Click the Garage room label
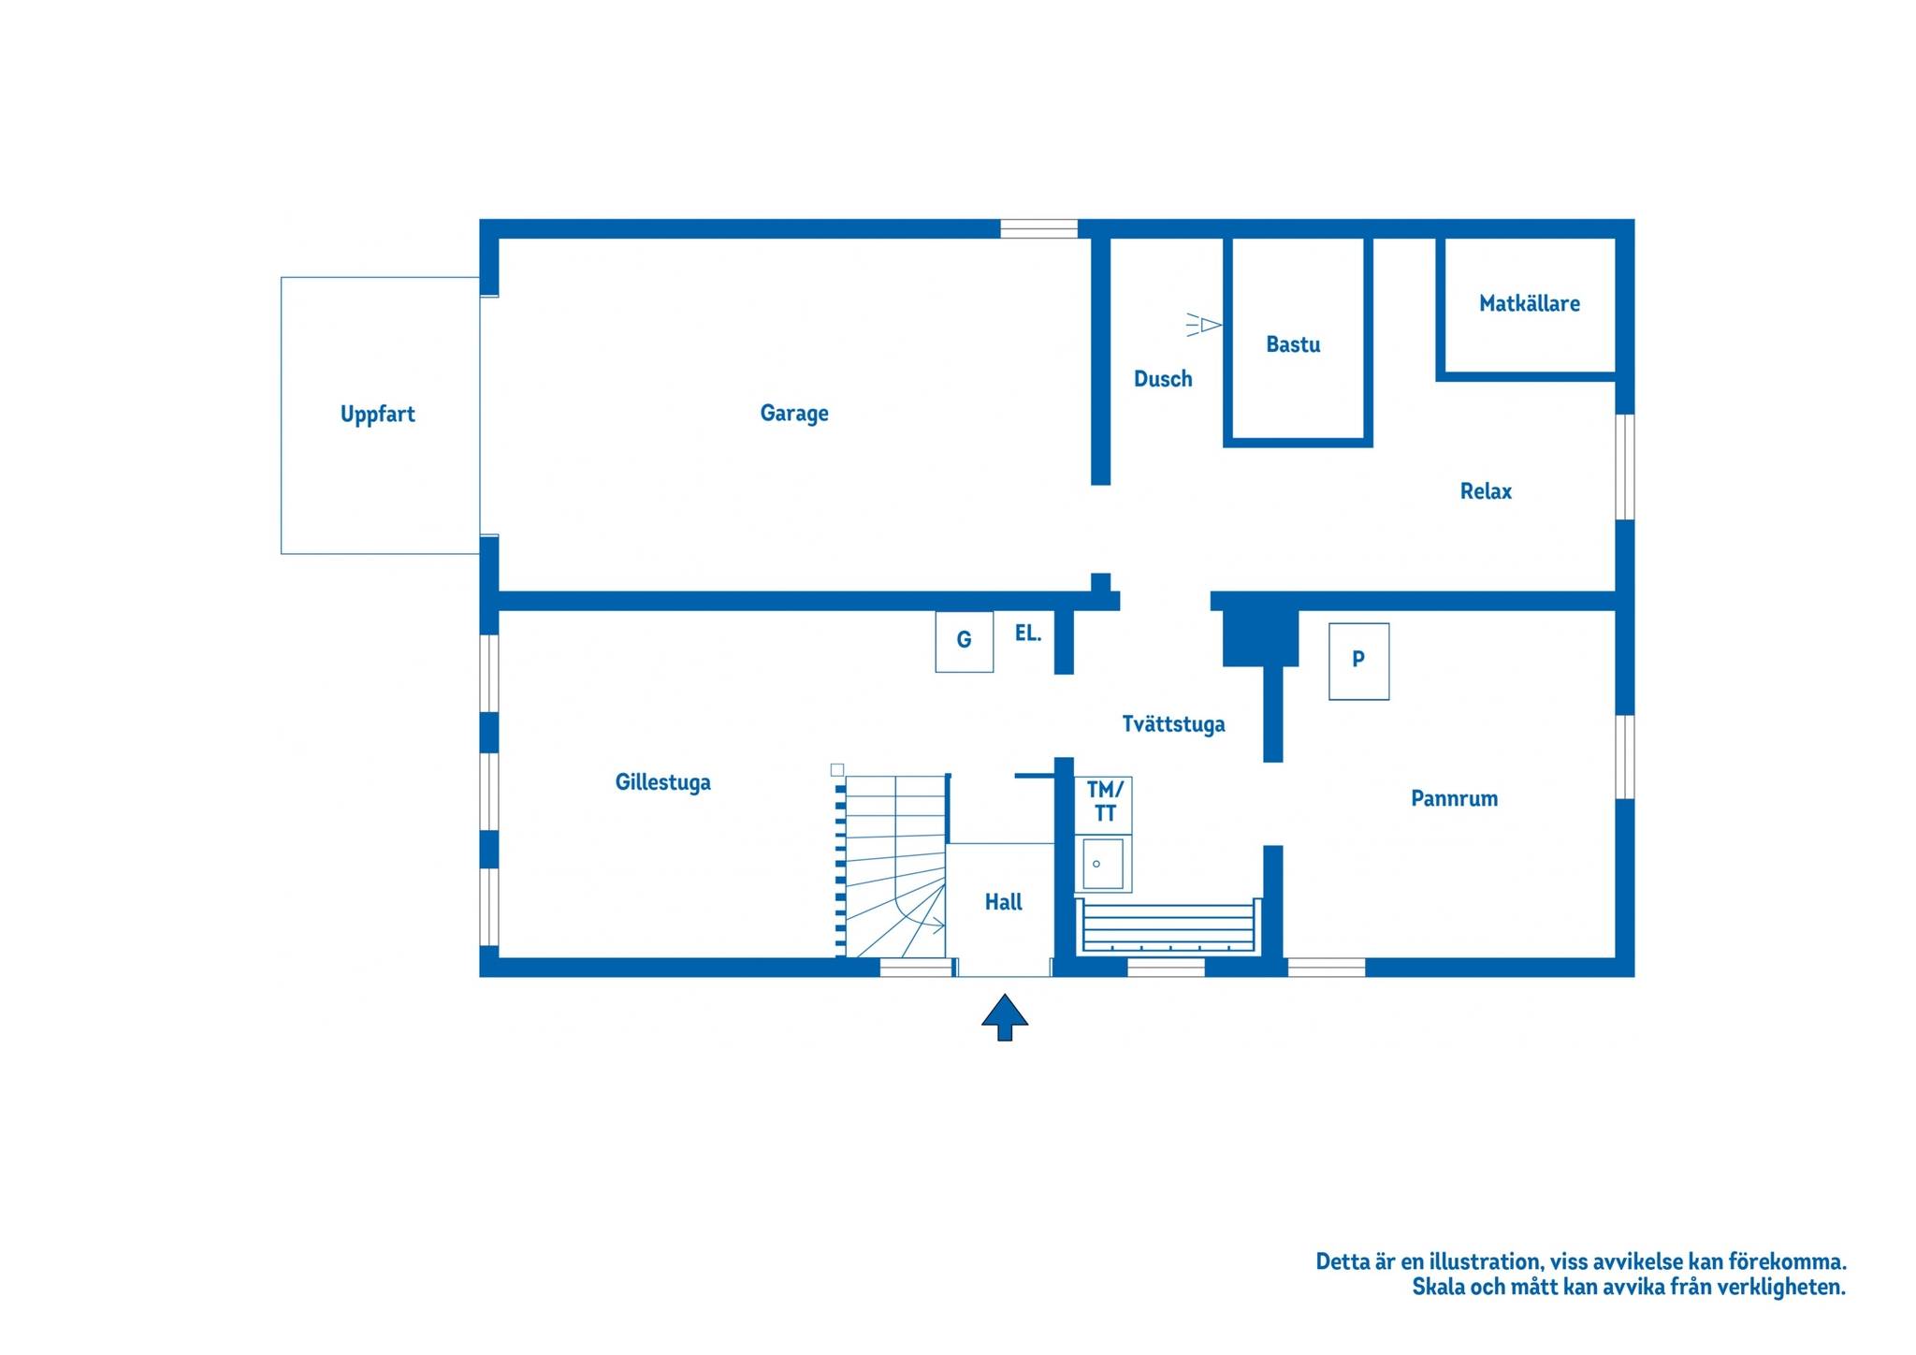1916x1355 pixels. (x=794, y=414)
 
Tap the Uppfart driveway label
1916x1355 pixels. (x=378, y=415)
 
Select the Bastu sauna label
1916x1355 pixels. (x=1293, y=344)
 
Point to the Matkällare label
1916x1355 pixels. (x=1529, y=303)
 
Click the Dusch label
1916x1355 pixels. (x=1163, y=379)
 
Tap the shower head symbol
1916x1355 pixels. (x=1204, y=325)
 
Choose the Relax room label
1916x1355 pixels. (x=1486, y=491)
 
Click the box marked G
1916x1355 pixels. (x=965, y=642)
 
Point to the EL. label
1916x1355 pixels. (x=1028, y=634)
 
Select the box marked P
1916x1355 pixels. (x=1358, y=662)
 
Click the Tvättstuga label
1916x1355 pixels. (x=1173, y=724)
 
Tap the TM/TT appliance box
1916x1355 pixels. (x=1104, y=805)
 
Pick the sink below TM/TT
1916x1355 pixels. (x=1104, y=864)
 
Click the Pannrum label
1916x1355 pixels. (x=1454, y=798)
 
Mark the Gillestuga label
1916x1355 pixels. (x=662, y=782)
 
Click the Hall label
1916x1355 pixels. (x=1003, y=902)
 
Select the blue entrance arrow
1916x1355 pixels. (x=1005, y=1017)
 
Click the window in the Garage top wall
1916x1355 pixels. (x=1038, y=229)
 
